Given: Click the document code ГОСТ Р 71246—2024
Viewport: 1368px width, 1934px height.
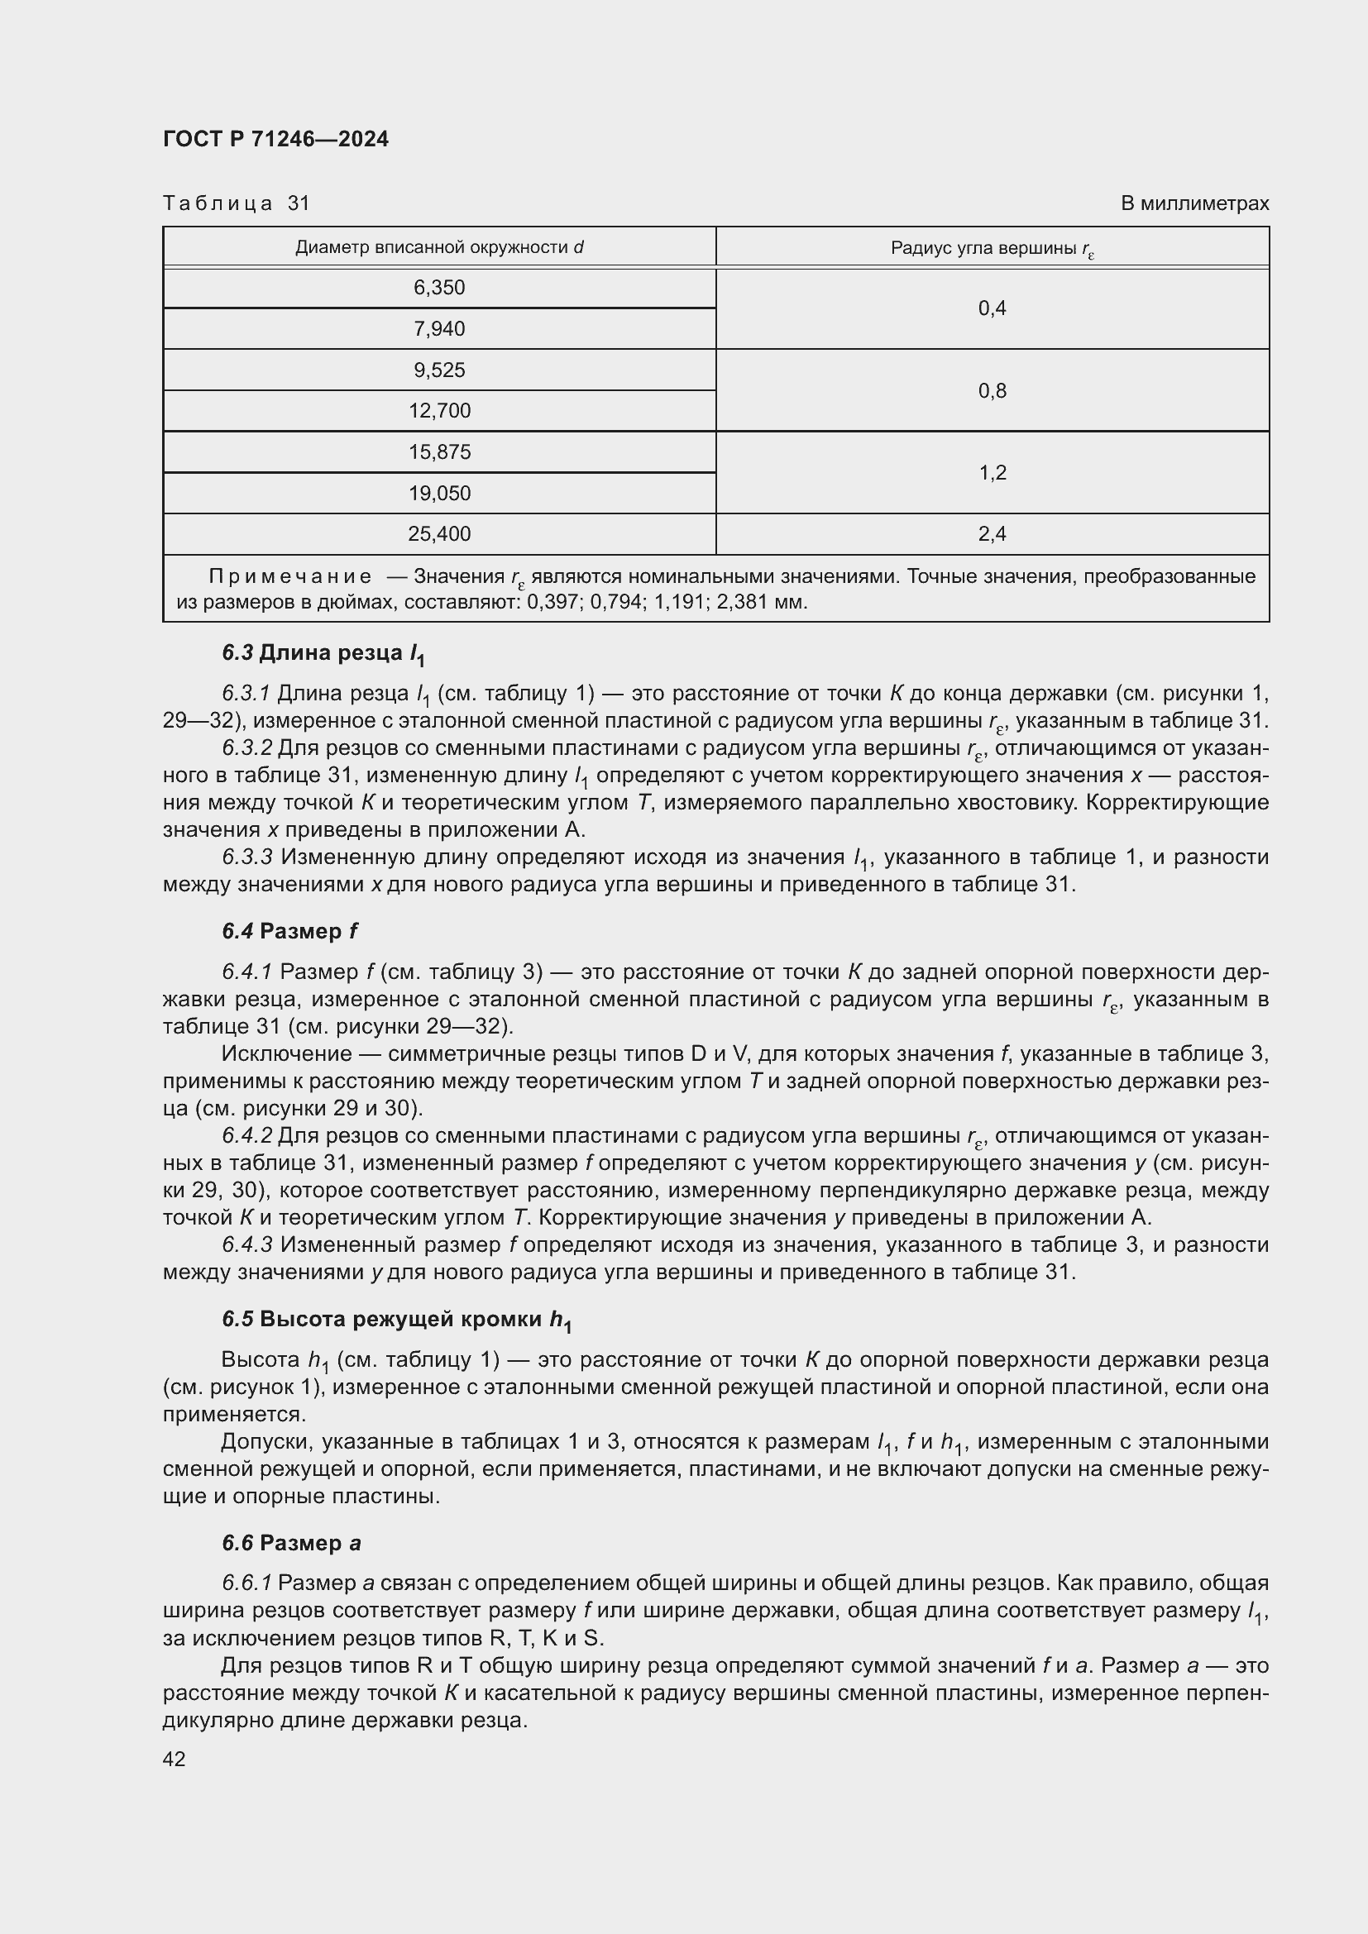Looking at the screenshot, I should pyautogui.click(x=275, y=139).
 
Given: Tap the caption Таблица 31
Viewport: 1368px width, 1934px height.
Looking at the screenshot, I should pyautogui.click(x=237, y=203).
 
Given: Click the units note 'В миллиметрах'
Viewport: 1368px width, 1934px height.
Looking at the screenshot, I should pyautogui.click(x=1193, y=203).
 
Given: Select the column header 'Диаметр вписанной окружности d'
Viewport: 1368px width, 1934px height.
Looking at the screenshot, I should pyautogui.click(x=439, y=248).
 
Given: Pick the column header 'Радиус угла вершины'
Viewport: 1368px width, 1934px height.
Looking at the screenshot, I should pyautogui.click(x=992, y=249).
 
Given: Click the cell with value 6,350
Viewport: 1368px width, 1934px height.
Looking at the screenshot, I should pyautogui.click(x=439, y=288).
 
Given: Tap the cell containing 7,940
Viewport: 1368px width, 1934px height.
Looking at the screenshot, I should pyautogui.click(x=439, y=328).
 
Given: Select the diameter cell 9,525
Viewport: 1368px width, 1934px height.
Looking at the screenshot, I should pyautogui.click(x=439, y=370).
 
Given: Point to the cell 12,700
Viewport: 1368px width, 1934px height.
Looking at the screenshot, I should pyautogui.click(x=439, y=411).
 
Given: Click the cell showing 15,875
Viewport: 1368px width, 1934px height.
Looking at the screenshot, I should pyautogui.click(x=439, y=452).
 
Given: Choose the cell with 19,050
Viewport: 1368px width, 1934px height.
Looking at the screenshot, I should pyautogui.click(x=439, y=493).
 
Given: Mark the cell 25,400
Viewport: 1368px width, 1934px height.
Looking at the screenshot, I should pyautogui.click(x=439, y=534).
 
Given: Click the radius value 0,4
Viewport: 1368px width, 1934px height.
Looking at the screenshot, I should pyautogui.click(x=992, y=308).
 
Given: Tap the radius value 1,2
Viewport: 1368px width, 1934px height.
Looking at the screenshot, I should pyautogui.click(x=992, y=473).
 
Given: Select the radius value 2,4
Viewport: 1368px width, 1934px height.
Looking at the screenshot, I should pyautogui.click(x=992, y=534).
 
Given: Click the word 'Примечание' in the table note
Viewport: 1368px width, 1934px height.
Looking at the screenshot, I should pyautogui.click(x=289, y=576).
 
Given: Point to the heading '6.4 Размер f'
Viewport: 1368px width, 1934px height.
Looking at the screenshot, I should pyautogui.click(x=289, y=932).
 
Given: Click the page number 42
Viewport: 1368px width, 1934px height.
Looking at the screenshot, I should pyautogui.click(x=175, y=1759).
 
